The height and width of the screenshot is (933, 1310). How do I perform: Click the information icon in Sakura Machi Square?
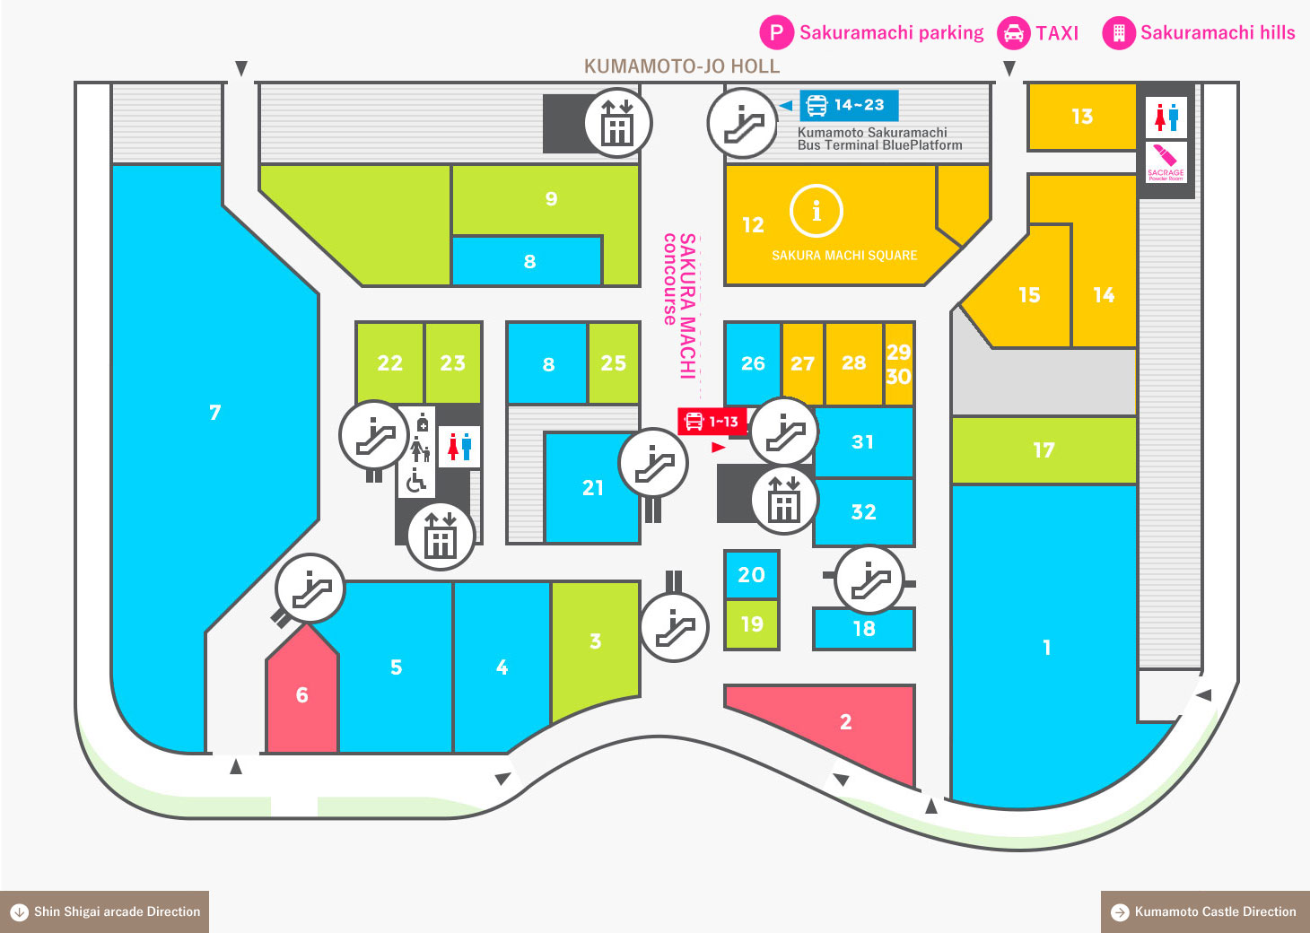click(816, 211)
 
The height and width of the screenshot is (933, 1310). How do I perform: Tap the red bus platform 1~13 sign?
click(712, 421)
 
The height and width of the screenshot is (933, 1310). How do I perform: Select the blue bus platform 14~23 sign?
click(849, 105)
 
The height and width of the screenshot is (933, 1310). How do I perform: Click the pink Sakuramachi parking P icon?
click(776, 32)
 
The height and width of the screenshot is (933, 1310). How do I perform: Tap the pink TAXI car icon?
click(1013, 32)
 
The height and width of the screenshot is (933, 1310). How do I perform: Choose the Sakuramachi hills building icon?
click(1118, 32)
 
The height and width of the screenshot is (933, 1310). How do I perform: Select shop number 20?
click(752, 575)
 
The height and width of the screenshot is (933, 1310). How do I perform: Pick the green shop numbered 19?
click(752, 624)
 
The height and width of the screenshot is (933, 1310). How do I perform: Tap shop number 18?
click(864, 629)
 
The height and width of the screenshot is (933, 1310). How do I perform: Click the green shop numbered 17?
click(1044, 450)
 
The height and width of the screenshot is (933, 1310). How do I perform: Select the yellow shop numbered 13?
click(1082, 117)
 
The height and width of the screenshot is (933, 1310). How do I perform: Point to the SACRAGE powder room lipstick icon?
click(1166, 162)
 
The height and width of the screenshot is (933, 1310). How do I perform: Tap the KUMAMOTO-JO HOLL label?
click(682, 66)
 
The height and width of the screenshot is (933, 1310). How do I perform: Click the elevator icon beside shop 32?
click(784, 500)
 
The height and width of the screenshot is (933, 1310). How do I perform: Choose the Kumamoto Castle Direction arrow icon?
click(1120, 912)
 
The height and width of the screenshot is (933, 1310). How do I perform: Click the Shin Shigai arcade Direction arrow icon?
click(20, 912)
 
